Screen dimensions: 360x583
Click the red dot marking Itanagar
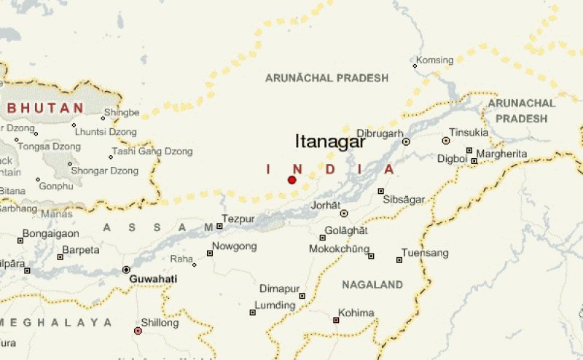(x=291, y=180)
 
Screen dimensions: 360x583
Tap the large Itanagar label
(x=329, y=142)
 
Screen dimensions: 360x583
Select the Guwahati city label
(x=153, y=279)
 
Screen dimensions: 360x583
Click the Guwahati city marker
(x=126, y=270)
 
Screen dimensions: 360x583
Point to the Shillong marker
(x=138, y=331)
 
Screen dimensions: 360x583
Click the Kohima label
(x=356, y=313)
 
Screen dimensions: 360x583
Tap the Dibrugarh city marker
(x=406, y=142)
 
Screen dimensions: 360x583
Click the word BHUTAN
(x=45, y=108)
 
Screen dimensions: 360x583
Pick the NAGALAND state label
(x=372, y=284)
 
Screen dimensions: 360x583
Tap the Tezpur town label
(x=238, y=219)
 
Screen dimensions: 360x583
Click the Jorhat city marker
(x=344, y=214)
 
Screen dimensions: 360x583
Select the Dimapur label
(x=278, y=288)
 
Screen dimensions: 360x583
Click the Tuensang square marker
(x=399, y=260)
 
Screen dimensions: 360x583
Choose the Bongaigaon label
(x=50, y=233)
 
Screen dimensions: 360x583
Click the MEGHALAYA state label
(x=57, y=322)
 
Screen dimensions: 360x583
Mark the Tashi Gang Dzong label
(x=151, y=152)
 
